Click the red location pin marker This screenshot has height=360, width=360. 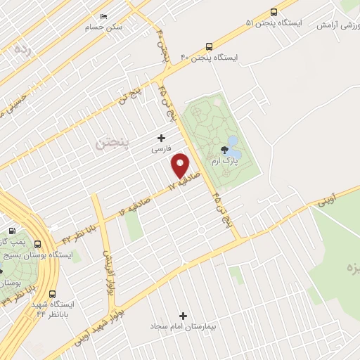tap(181, 165)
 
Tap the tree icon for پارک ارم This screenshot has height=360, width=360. tap(224, 149)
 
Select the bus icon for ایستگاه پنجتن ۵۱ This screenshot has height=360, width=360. tap(274, 12)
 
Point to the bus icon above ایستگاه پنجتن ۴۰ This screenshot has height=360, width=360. tap(209, 45)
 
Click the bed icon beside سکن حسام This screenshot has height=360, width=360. tap(104, 16)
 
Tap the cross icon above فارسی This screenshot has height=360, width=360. tap(161, 138)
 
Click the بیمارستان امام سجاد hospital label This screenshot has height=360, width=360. tap(184, 328)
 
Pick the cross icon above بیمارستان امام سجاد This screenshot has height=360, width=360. tap(184, 316)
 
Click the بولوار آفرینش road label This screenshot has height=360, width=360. tap(108, 273)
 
